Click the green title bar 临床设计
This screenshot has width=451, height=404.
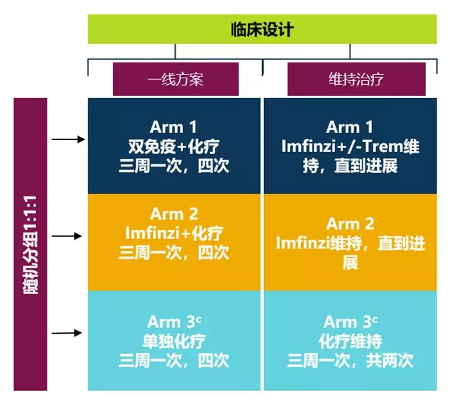[x=262, y=30]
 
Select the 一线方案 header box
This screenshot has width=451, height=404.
[x=175, y=79]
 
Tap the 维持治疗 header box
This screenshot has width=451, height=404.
[x=356, y=79]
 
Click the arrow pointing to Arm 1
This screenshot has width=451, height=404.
[x=68, y=139]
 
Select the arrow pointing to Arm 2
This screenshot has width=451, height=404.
[x=68, y=235]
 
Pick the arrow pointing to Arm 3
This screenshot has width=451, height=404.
[x=68, y=332]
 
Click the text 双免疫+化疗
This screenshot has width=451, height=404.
[x=174, y=145]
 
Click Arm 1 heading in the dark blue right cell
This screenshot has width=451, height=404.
[x=350, y=127]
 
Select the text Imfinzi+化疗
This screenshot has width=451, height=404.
[x=174, y=232]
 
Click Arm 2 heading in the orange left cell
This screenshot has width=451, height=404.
[x=174, y=214]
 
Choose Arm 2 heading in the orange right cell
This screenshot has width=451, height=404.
[x=350, y=224]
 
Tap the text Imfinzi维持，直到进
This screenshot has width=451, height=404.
[x=350, y=243]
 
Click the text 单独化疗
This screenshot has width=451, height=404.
[x=174, y=341]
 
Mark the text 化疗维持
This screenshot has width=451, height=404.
[x=350, y=341]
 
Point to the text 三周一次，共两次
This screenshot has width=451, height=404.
[x=350, y=361]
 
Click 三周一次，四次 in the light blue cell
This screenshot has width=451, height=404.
[x=174, y=361]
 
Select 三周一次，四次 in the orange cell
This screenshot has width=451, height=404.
[x=174, y=251]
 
